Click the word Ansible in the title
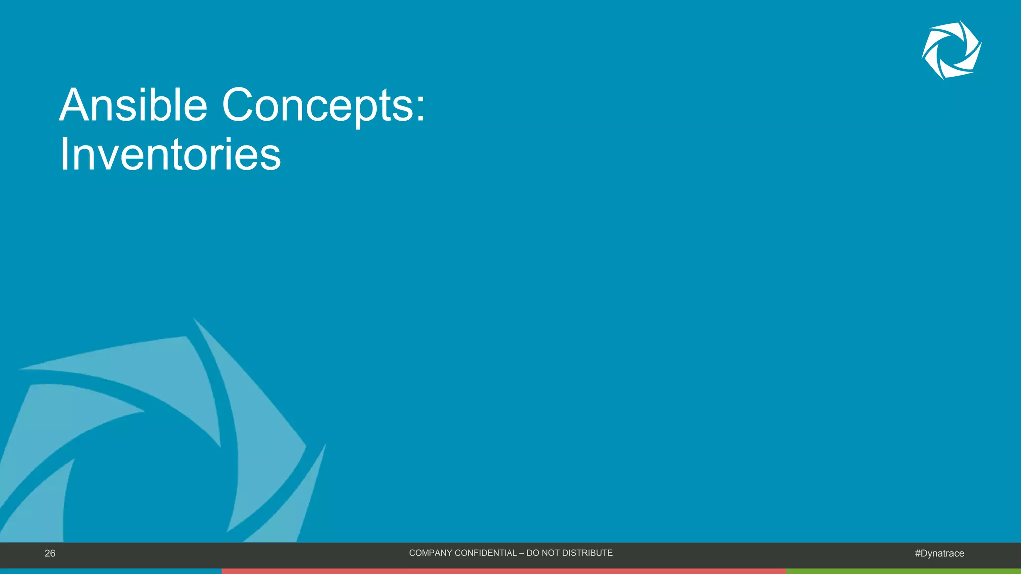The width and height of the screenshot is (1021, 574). coord(133,105)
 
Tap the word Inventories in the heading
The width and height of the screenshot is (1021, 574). coord(170,154)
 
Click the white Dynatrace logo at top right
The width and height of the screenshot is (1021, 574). coord(951,50)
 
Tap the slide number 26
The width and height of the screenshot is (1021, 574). coord(50,553)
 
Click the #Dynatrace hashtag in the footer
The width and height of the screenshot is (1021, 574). coord(939,553)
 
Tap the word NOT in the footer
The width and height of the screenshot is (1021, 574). coord(551,553)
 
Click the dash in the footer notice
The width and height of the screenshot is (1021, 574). coord(522,553)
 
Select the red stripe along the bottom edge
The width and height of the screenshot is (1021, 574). coord(504,571)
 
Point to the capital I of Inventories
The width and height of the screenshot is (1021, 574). coord(64,154)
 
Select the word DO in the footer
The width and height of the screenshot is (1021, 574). coord(532,553)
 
